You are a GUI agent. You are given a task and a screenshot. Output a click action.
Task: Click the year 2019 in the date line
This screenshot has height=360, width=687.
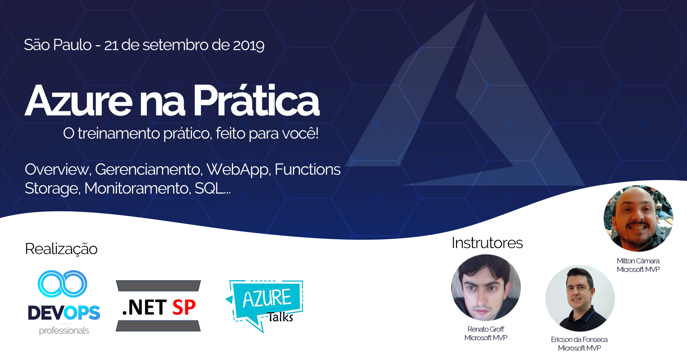tap(249, 45)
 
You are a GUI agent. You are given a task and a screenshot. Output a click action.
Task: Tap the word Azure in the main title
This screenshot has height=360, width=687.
tap(78, 101)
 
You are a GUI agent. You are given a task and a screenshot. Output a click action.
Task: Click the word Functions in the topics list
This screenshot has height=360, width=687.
tap(307, 169)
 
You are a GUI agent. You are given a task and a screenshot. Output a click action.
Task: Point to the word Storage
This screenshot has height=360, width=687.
tap(52, 189)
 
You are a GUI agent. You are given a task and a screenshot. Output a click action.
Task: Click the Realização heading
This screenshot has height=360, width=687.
tap(61, 249)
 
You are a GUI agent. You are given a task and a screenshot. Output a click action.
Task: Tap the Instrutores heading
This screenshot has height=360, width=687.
tap(487, 243)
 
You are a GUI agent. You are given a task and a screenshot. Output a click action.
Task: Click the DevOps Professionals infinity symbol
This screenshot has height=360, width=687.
tap(62, 284)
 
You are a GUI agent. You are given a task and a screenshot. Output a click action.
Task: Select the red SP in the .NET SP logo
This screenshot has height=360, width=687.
tap(184, 307)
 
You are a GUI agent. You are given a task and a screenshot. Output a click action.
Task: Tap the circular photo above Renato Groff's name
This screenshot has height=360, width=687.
tap(486, 287)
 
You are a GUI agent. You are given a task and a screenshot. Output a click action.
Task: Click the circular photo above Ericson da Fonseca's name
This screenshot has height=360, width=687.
tap(580, 298)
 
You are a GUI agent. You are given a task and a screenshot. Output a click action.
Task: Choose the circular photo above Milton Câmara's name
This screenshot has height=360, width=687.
tap(638, 219)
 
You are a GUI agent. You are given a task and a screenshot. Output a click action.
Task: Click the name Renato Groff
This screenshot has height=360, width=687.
tap(486, 329)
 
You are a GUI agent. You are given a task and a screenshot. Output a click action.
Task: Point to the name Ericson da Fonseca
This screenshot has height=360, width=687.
tap(579, 340)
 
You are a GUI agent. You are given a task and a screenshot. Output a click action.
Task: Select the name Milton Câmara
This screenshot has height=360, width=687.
tap(638, 261)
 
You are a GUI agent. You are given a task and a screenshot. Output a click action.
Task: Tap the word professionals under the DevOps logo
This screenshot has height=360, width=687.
tap(64, 331)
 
